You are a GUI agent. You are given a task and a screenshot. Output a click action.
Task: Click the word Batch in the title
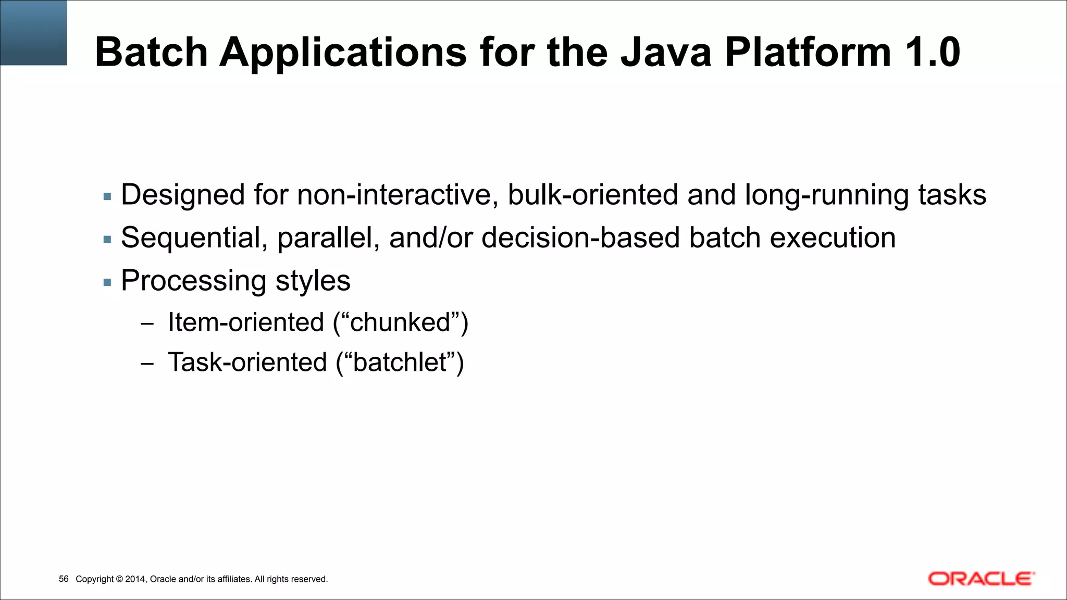point(151,52)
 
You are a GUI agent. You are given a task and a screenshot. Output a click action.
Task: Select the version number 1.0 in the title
point(932,52)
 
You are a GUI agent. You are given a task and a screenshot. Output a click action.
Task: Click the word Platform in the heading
point(808,52)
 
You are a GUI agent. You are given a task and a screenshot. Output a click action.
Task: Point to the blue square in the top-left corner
point(33,32)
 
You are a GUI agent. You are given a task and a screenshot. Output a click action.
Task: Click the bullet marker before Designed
point(107,197)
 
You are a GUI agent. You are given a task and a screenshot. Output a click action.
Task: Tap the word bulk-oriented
point(593,195)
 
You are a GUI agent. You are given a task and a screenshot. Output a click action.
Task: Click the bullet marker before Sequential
point(107,240)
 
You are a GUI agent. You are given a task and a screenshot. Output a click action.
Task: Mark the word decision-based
point(580,238)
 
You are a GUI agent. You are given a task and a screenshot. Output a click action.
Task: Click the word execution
point(833,238)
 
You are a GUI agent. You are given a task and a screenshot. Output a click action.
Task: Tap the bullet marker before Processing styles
point(107,283)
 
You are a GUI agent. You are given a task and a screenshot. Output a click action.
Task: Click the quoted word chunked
point(400,322)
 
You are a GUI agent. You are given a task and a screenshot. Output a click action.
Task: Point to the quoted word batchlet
point(400,362)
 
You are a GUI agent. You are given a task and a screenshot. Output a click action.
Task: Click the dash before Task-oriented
point(147,364)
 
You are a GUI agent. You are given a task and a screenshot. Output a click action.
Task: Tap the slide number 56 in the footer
point(64,579)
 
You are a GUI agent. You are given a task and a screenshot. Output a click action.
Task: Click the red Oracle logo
point(981,579)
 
